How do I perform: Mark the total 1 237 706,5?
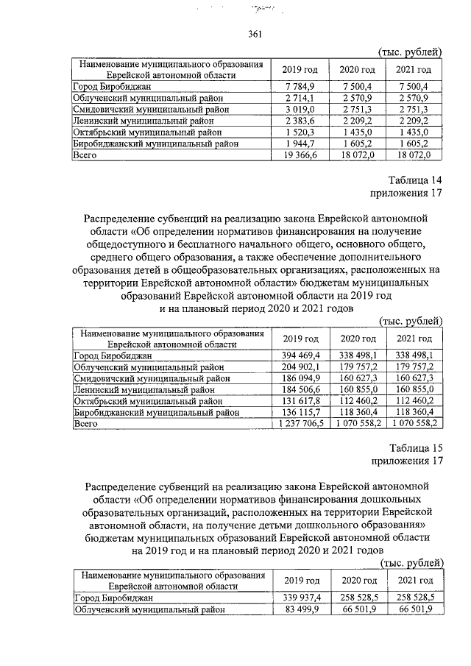pyautogui.click(x=297, y=424)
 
